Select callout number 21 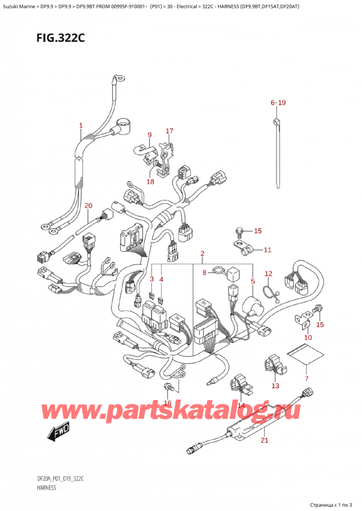264,441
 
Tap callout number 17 170,131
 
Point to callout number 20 89,205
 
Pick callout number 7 306,378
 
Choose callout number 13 276,386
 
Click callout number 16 168,403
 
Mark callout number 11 268,249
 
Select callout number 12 268,274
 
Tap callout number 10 308,337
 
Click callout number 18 150,181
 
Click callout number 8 205,273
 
